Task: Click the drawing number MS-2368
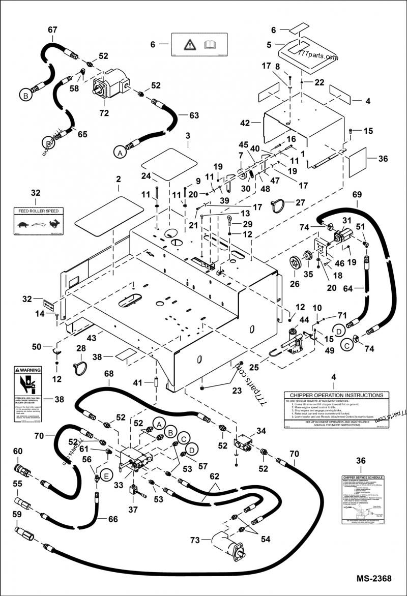coord(373,579)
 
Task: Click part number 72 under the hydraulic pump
coord(104,113)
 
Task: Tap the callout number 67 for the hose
coord(53,30)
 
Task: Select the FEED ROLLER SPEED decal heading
coord(38,211)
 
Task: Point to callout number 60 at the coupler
coord(18,451)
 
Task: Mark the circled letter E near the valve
coord(106,475)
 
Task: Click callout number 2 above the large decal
coord(118,180)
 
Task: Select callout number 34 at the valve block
coord(261,417)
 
